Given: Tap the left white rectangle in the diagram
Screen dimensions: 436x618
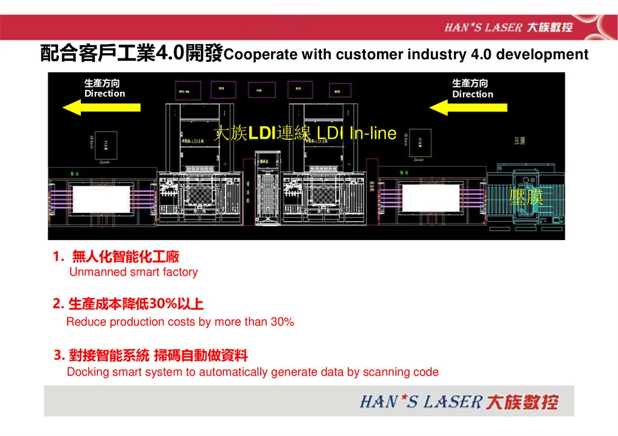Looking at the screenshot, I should [x=101, y=199].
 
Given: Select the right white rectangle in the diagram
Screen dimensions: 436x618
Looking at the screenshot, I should [x=431, y=198].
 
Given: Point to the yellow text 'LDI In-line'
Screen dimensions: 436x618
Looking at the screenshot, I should [x=357, y=133].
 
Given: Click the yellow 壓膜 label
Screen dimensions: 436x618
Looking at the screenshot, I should [x=526, y=197].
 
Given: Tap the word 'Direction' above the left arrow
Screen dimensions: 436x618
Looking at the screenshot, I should [x=105, y=93].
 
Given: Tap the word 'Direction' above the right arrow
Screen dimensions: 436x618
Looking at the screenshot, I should [x=473, y=94].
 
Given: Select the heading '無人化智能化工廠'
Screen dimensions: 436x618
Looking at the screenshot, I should [x=126, y=257].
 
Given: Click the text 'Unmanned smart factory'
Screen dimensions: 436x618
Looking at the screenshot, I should [x=133, y=272].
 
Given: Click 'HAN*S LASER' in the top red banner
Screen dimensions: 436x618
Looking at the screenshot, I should [x=483, y=27].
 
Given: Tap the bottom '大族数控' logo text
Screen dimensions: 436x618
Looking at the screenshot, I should [x=523, y=402].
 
